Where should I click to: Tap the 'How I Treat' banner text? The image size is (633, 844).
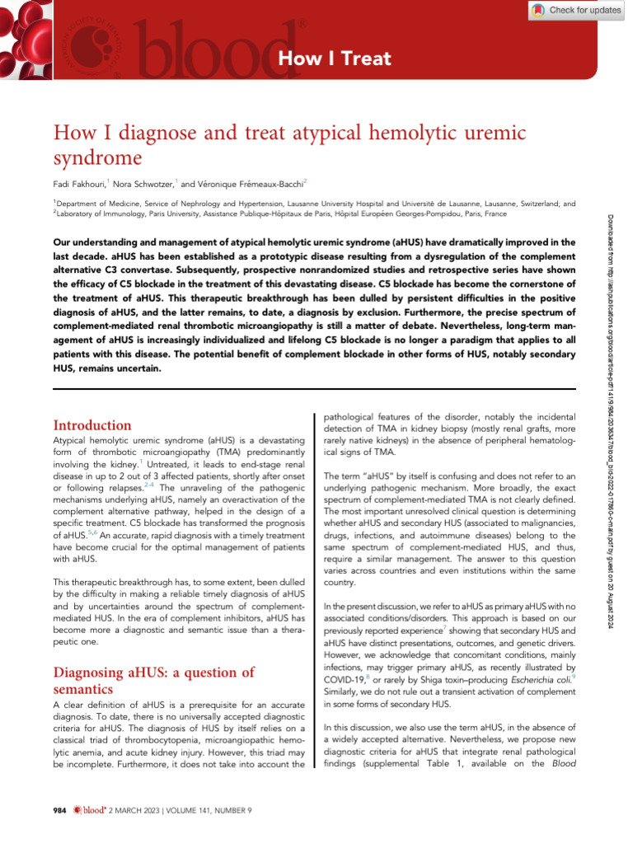(x=334, y=59)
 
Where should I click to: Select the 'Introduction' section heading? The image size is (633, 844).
(x=92, y=425)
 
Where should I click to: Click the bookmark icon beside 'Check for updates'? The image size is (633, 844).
(x=538, y=10)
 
